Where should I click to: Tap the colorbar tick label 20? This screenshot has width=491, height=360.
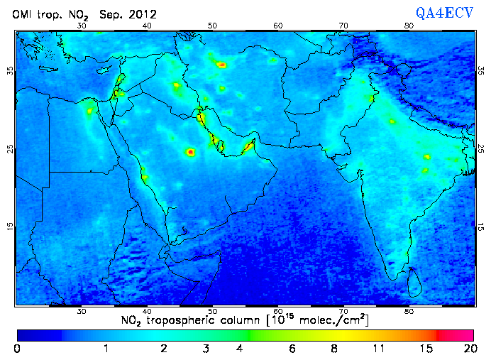tap(468, 349)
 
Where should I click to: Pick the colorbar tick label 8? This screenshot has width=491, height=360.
tap(333, 349)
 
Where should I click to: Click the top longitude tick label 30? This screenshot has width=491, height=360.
tap(82, 26)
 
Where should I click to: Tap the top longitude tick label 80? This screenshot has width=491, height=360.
tap(409, 26)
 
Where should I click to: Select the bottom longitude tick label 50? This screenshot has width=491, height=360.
tap(212, 312)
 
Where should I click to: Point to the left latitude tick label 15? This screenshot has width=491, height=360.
tap(10, 226)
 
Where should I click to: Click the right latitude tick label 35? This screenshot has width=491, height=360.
tap(480, 70)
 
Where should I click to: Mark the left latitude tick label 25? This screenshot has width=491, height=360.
tap(10, 148)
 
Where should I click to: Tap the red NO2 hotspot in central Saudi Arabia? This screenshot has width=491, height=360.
tap(190, 152)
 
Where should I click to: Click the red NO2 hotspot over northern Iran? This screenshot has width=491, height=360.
tap(222, 65)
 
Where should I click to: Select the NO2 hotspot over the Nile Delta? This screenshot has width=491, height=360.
tap(90, 111)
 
